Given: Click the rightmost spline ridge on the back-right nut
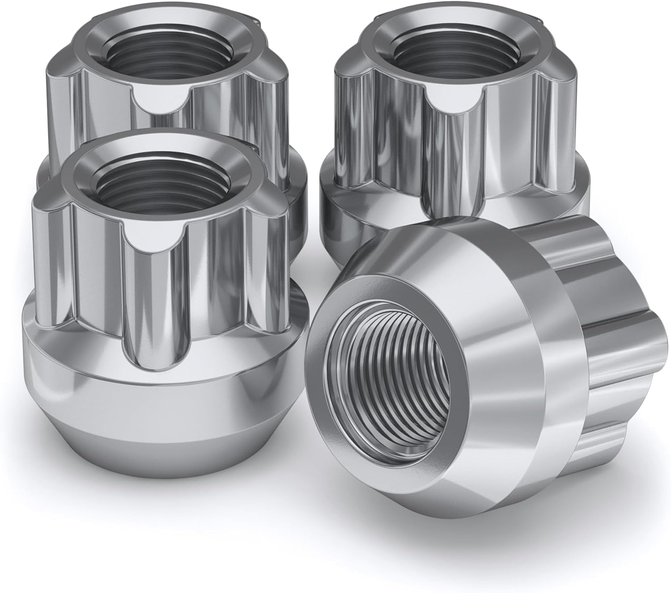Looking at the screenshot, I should pyautogui.click(x=568, y=147).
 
